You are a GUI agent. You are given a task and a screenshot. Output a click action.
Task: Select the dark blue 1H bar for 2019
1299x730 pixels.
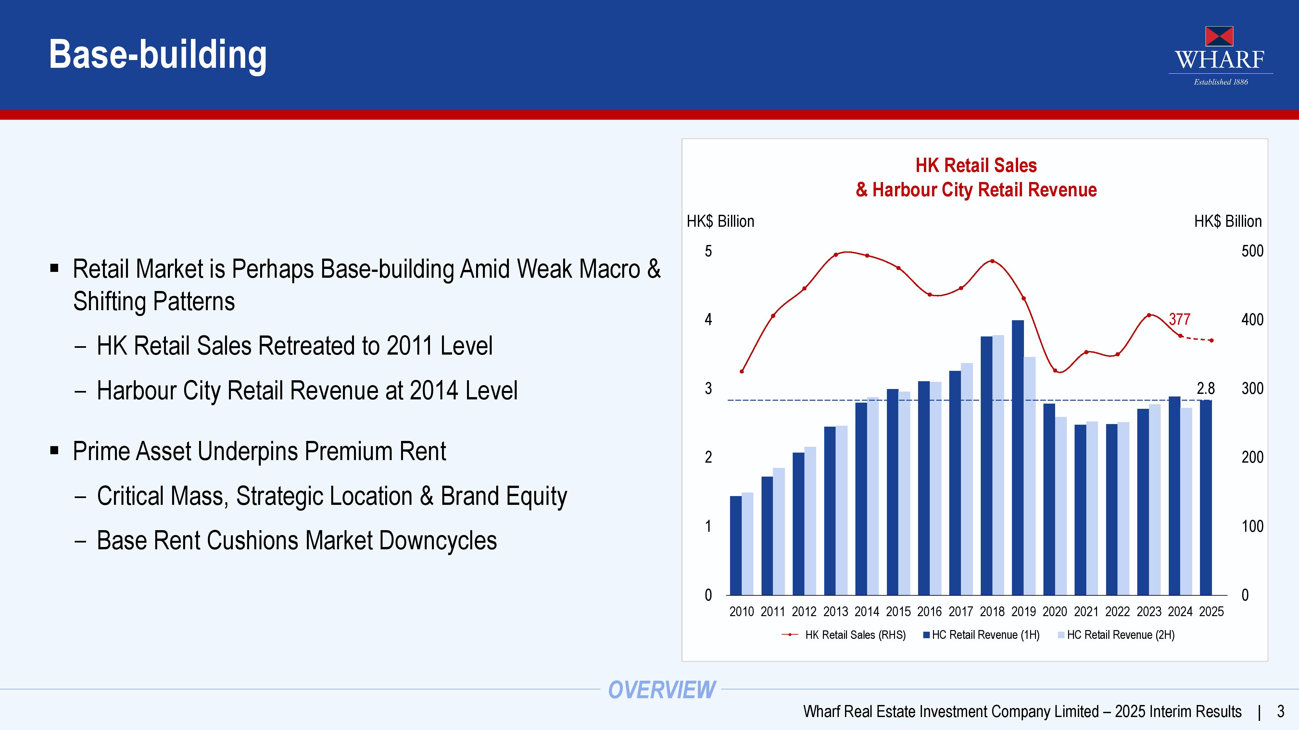coord(1018,457)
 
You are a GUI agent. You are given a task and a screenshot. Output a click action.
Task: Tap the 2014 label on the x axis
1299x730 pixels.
coord(866,612)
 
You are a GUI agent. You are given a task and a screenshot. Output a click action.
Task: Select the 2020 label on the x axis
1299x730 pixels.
coord(1054,612)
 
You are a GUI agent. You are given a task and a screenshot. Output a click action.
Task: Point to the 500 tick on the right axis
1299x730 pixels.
coord(1252,251)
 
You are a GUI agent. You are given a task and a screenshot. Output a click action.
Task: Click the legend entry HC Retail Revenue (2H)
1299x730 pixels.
coord(1120,635)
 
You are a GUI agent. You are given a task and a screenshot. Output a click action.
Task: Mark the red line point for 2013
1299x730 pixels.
coord(836,254)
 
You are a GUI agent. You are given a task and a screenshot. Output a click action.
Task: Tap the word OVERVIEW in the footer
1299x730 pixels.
coord(662,690)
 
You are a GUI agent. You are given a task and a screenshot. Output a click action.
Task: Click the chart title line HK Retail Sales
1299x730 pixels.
coord(976,165)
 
